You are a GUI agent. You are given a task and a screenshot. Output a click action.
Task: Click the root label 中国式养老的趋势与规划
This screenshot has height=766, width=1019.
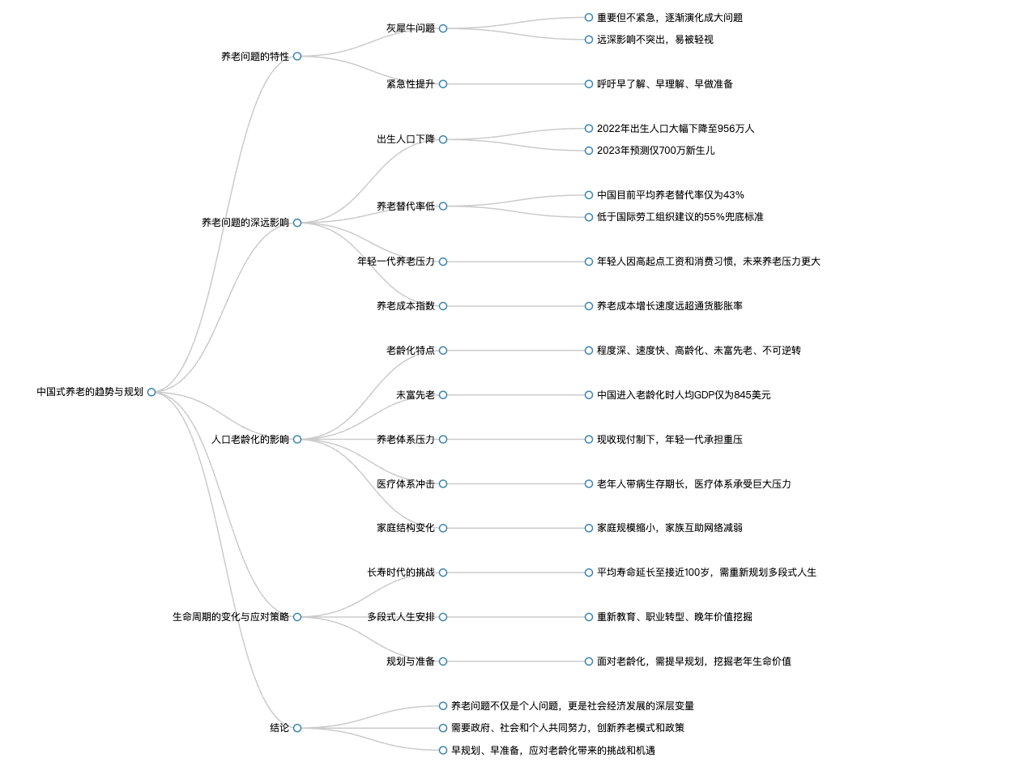(x=90, y=392)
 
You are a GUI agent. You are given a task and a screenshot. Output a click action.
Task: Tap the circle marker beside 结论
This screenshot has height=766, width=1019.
(x=297, y=728)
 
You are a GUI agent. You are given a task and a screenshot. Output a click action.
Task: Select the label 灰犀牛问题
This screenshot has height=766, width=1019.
(x=411, y=28)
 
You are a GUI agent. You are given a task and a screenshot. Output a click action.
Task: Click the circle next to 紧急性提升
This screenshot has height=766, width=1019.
(x=443, y=84)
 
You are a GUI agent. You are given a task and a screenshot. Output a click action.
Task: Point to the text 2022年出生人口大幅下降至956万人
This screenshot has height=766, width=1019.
(x=676, y=129)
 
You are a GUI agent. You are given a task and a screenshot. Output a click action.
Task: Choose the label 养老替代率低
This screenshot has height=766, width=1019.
(x=406, y=206)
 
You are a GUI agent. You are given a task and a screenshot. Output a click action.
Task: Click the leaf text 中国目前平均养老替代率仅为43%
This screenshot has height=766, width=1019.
(x=671, y=195)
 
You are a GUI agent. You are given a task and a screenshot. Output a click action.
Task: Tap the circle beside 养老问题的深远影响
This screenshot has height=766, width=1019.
(x=297, y=223)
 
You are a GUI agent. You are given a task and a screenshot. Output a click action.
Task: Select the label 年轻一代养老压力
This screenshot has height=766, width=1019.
(x=396, y=262)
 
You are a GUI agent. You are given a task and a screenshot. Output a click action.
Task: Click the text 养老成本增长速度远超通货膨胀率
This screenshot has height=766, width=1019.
(x=670, y=306)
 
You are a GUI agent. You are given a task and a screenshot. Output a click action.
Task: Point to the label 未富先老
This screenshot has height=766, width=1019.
(x=416, y=395)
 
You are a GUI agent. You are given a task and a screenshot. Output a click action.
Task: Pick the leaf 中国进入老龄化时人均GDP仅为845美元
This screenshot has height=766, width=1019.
(x=684, y=395)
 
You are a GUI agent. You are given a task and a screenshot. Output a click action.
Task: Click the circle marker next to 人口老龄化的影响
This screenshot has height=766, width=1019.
(x=297, y=440)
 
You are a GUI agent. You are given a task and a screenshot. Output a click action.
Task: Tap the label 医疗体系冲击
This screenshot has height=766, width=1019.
(x=406, y=484)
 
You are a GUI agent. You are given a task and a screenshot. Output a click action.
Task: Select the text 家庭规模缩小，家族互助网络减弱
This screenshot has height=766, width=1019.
(x=670, y=528)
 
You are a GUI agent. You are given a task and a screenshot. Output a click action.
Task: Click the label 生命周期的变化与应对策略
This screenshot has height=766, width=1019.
(x=231, y=617)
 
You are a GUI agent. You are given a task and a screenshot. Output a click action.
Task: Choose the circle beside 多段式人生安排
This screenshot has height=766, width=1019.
(x=443, y=617)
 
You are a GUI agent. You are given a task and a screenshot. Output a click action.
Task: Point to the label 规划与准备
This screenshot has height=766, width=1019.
(x=411, y=662)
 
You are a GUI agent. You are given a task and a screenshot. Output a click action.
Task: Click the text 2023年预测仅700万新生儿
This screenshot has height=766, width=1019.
(x=655, y=151)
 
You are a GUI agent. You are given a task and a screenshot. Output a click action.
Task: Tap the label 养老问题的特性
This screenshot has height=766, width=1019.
(x=255, y=56)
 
